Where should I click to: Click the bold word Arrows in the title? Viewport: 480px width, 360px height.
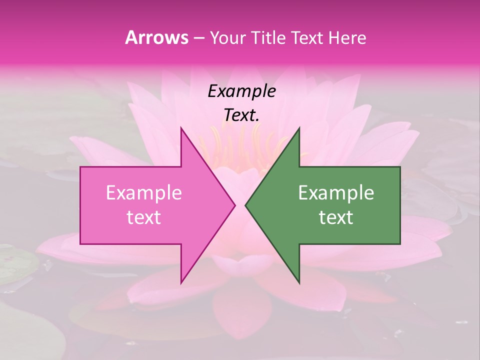click(x=157, y=37)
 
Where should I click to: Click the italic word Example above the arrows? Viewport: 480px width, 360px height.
click(x=241, y=91)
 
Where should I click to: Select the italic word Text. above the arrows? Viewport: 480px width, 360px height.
click(x=241, y=115)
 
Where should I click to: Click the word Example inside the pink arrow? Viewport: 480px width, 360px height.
click(x=143, y=193)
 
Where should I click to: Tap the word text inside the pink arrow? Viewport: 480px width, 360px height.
click(x=143, y=217)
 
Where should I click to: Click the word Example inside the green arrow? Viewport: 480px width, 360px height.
click(x=336, y=193)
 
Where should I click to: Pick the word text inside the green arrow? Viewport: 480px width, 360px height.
click(x=336, y=217)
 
